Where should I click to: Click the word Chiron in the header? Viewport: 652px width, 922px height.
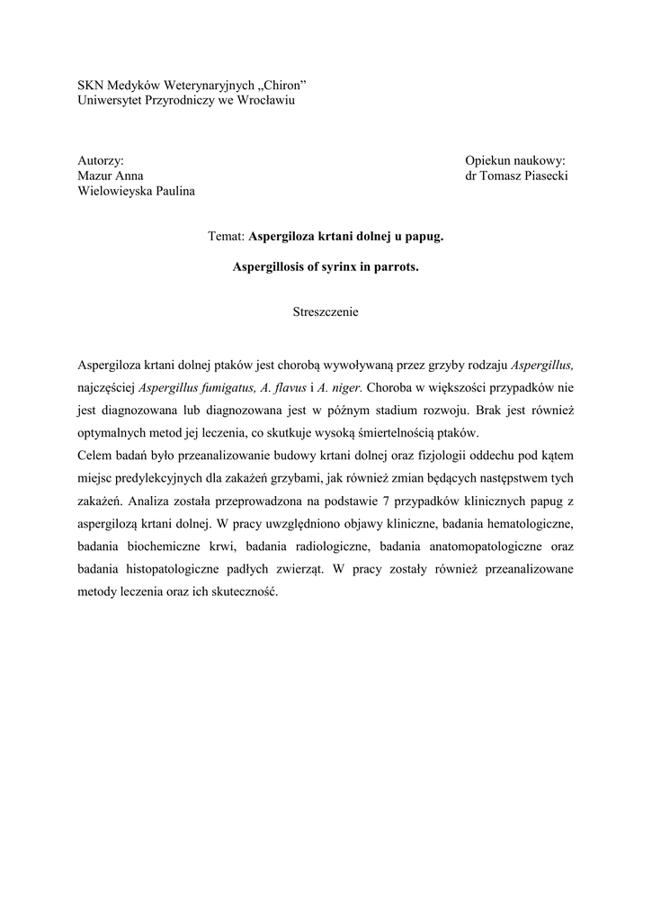[x=282, y=85]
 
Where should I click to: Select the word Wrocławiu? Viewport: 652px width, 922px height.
[x=264, y=99]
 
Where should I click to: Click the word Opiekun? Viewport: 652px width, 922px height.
[x=486, y=160]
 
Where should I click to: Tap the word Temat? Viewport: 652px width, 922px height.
[x=226, y=237]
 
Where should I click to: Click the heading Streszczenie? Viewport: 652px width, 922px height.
[x=326, y=312]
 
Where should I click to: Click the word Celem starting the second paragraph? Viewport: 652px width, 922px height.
[x=95, y=456]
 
